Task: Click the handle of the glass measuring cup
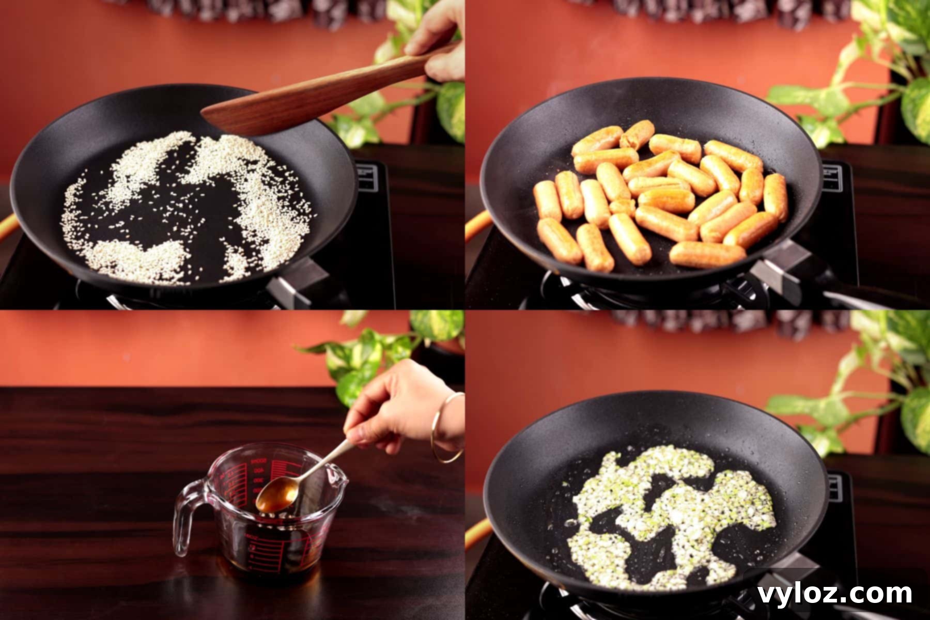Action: pos(186,517)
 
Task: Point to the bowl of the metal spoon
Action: pos(277,495)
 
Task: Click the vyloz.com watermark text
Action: pos(834,594)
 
